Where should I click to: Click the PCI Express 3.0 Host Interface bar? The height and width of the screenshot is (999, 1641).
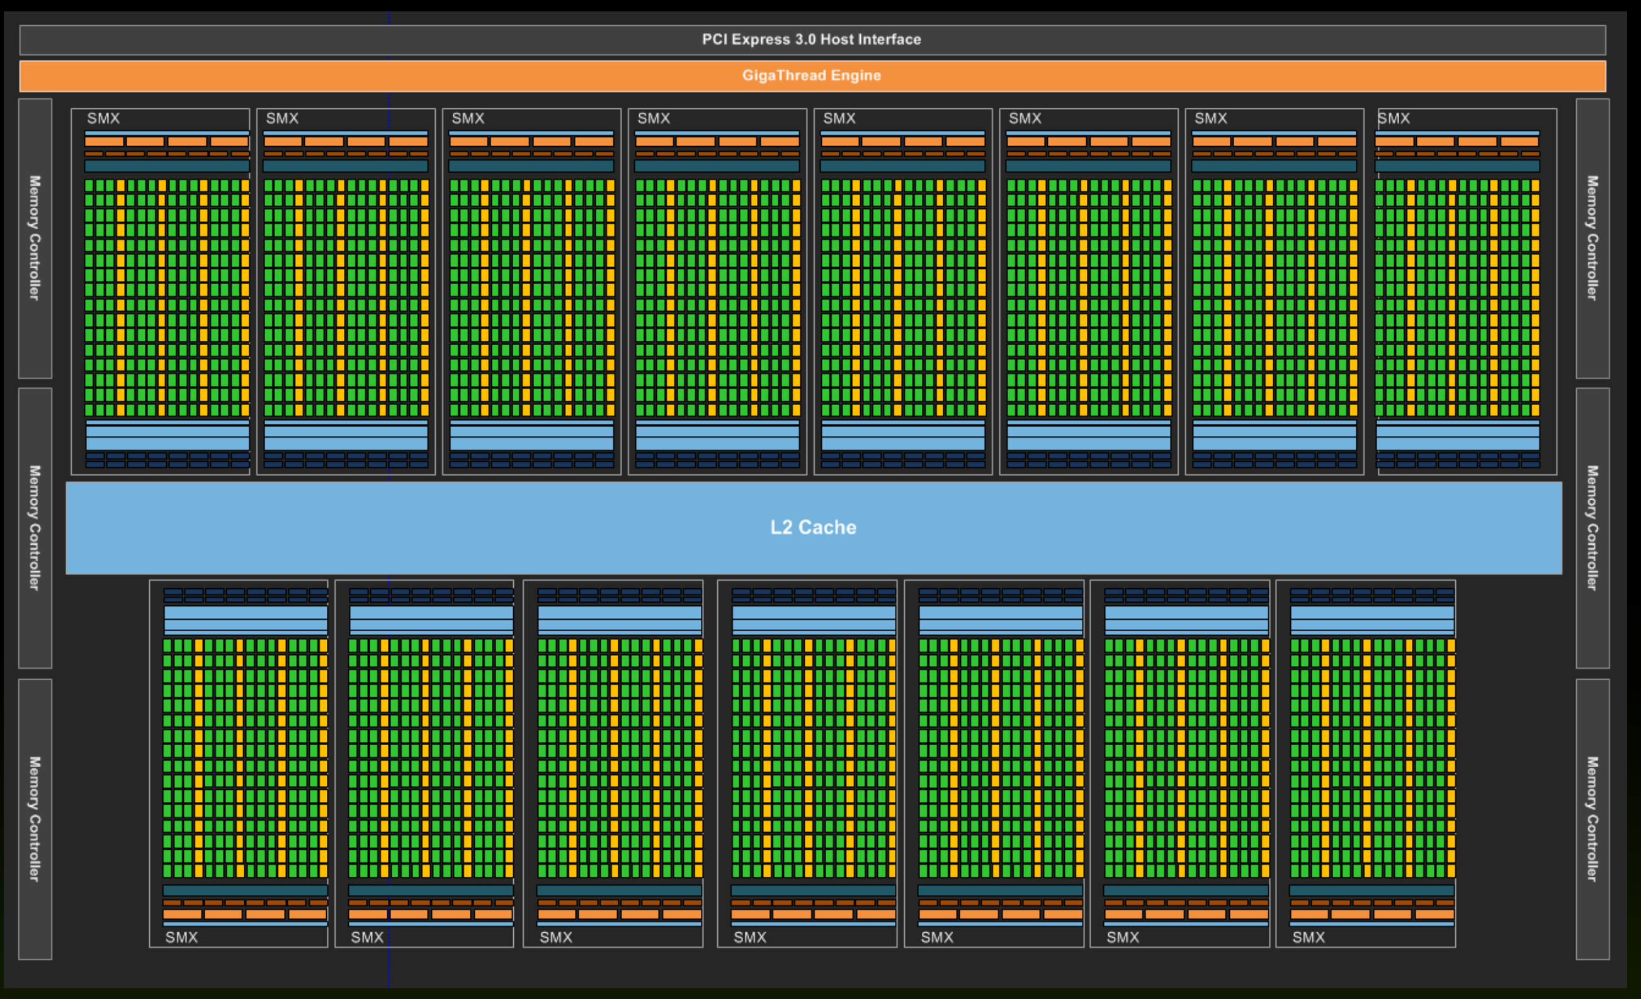tap(812, 40)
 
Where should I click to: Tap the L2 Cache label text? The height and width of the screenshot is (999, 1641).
tap(813, 527)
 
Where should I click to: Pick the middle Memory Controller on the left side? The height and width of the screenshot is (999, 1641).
tap(35, 528)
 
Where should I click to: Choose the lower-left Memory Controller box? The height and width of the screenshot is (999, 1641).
tap(35, 819)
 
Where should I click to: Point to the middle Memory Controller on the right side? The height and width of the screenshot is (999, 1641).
tap(1593, 528)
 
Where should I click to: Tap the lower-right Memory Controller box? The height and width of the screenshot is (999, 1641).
tap(1593, 819)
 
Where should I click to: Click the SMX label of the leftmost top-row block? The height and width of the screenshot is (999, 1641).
tap(103, 118)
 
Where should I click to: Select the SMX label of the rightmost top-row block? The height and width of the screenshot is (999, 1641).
tap(1394, 118)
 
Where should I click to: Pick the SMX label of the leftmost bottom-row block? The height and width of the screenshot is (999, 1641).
tap(182, 938)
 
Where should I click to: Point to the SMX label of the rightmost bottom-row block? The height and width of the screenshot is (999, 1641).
tap(1309, 938)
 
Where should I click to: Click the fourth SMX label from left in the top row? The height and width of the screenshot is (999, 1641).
tap(654, 118)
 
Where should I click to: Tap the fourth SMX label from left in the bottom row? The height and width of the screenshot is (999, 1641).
tap(750, 938)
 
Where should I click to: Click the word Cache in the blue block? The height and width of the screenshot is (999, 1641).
tap(828, 527)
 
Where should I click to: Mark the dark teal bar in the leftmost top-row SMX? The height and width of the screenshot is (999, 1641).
tap(167, 166)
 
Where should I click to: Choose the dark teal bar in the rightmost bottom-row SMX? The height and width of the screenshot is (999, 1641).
tap(1372, 891)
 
